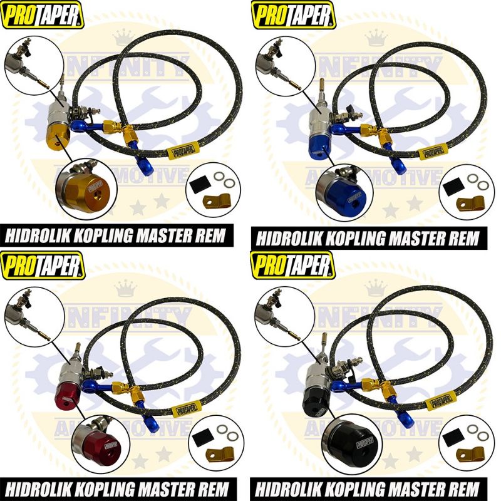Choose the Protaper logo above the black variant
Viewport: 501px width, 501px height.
292,264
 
